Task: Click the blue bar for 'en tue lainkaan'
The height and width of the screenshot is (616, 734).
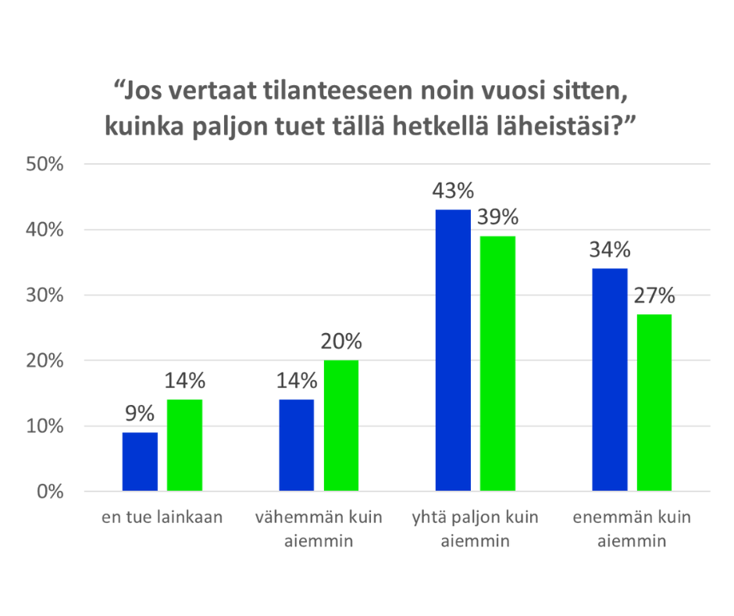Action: [x=140, y=462]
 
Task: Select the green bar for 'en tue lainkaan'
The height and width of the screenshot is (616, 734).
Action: [x=184, y=446]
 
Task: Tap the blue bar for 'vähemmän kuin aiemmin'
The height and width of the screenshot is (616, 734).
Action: [x=296, y=446]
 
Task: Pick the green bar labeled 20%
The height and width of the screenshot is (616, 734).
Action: [x=341, y=426]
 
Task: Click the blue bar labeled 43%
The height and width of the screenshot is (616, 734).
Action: [x=453, y=351]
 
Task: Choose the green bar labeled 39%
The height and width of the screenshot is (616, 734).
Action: [x=497, y=364]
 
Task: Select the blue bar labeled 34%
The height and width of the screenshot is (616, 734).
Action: [x=609, y=380]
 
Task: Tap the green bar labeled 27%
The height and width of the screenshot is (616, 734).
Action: [x=654, y=403]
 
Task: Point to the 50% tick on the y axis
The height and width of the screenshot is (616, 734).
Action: [x=47, y=164]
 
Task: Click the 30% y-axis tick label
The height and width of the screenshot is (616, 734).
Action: [x=47, y=295]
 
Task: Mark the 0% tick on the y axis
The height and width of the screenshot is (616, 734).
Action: [x=52, y=492]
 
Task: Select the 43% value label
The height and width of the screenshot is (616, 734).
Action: [x=453, y=192]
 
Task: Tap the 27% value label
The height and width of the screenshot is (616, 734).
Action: [x=654, y=296]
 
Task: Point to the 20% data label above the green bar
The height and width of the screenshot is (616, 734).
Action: [x=341, y=342]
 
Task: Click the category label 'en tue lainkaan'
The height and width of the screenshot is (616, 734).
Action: [x=162, y=518]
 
